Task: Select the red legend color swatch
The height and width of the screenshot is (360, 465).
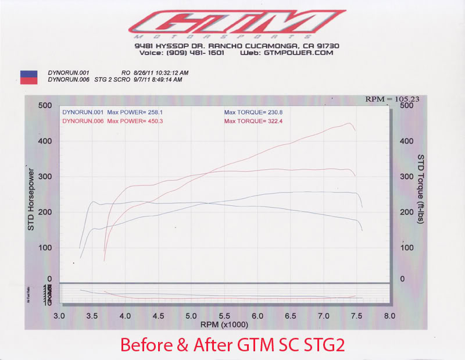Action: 28,81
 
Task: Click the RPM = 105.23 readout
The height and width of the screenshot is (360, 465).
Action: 392,99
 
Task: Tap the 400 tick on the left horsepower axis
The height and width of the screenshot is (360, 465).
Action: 45,141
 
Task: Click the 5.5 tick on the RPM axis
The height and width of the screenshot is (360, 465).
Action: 224,316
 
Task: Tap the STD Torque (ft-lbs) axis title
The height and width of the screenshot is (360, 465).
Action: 421,190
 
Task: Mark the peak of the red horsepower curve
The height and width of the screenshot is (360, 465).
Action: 349,123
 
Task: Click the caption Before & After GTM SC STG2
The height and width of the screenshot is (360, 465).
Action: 232,344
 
